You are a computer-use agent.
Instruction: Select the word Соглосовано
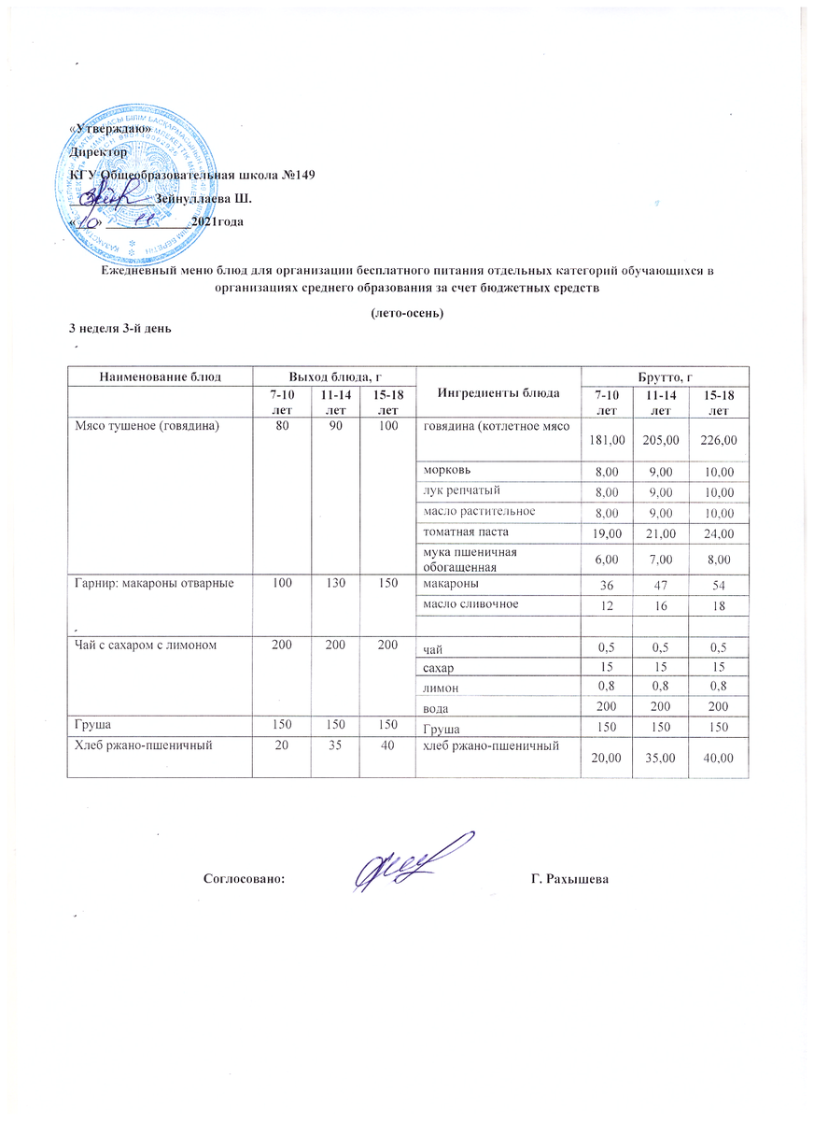pos(244,879)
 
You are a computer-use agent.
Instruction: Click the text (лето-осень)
pos(406,313)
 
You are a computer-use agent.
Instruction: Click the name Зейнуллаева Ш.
pos(203,199)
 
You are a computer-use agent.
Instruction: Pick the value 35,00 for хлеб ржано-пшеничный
pos(657,756)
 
